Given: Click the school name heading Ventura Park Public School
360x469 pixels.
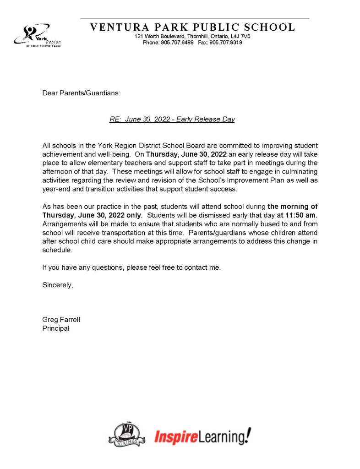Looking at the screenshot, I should click(193, 27).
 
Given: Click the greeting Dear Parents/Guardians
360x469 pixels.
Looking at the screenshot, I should click(81, 93).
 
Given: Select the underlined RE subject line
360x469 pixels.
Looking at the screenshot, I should click(172, 120).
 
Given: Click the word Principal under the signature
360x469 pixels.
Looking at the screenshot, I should click(56, 328).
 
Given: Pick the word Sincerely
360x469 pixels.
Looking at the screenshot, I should click(58, 284).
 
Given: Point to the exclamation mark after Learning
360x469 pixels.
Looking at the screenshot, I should click(248, 435).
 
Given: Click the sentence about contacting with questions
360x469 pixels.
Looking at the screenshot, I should click(131, 267).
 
